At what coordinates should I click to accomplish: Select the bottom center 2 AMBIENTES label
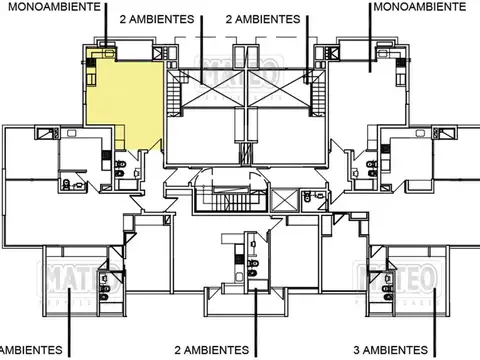[x=212, y=350]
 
